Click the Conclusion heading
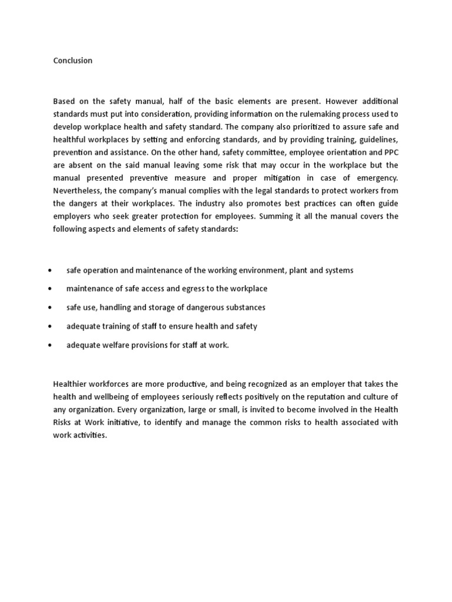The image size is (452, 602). click(72, 61)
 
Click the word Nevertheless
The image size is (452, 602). click(78, 191)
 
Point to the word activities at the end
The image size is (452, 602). click(90, 436)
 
